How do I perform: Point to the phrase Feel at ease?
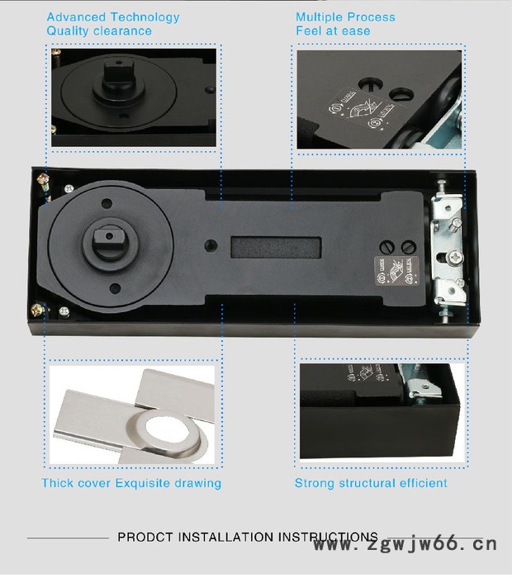(x=333, y=31)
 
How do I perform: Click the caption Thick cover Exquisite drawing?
(x=131, y=483)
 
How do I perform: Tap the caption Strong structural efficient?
(x=371, y=483)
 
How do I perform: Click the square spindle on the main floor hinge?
(x=109, y=243)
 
